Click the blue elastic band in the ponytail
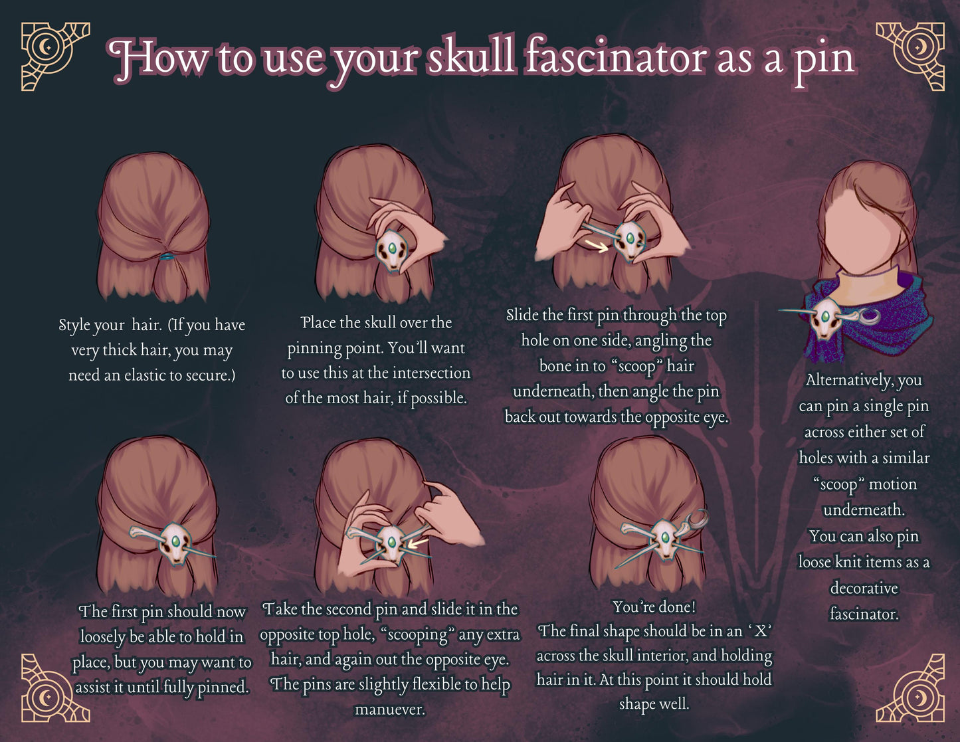[x=167, y=256]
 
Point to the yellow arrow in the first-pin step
[x=597, y=246]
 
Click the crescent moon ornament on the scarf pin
[x=868, y=316]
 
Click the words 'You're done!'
[x=654, y=607]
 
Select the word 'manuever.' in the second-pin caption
[x=390, y=709]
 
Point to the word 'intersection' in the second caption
[x=431, y=373]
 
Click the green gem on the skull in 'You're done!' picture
[x=665, y=538]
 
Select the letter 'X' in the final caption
[x=760, y=631]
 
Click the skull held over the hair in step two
[x=392, y=251]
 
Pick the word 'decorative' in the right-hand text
[x=864, y=589]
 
